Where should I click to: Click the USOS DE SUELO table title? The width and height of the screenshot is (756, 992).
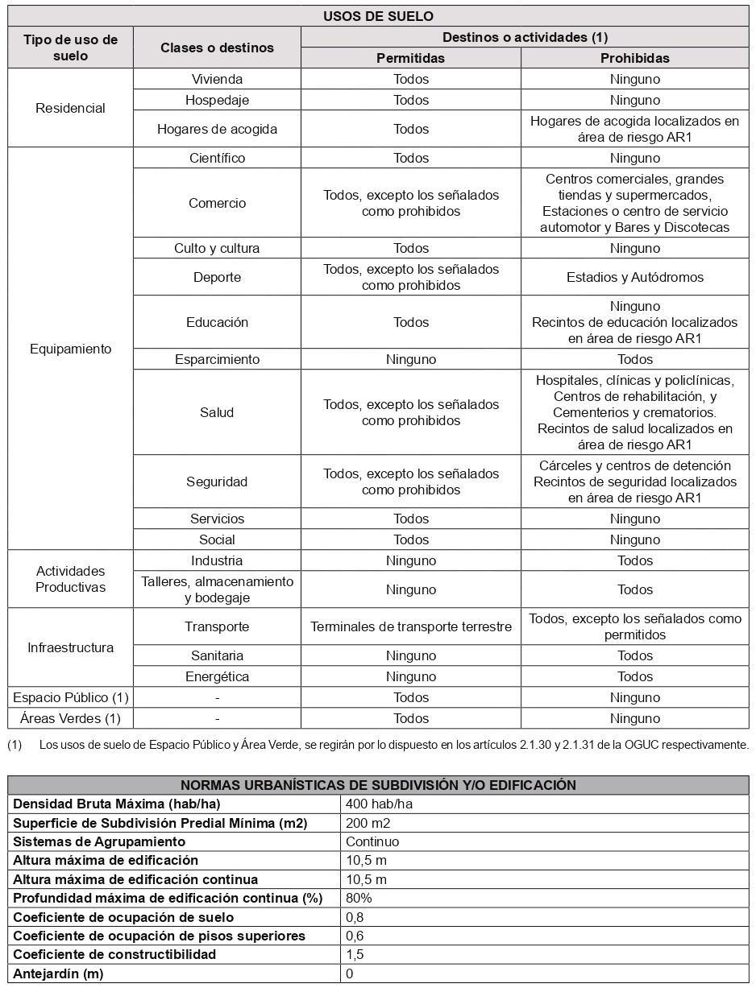[x=378, y=16]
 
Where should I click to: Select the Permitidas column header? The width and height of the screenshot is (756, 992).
[x=411, y=58]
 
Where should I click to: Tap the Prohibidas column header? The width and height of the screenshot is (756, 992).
[x=635, y=58]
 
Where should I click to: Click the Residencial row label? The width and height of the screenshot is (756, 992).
[x=70, y=108]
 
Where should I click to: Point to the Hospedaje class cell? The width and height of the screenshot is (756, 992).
[x=217, y=100]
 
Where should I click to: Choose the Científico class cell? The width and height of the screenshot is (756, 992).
[x=217, y=158]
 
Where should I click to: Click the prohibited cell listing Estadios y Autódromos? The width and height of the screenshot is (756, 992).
[x=635, y=277]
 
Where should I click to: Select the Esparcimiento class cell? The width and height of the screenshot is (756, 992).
[x=217, y=359]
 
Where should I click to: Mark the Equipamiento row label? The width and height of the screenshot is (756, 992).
[x=70, y=349]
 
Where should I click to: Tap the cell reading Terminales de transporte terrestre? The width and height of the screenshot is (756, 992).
[x=411, y=626]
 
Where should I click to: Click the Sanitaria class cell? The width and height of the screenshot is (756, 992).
[x=217, y=655]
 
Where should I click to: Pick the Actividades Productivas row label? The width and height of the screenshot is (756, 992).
[x=70, y=579]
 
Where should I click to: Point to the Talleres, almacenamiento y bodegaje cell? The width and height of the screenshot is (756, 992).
[x=217, y=589]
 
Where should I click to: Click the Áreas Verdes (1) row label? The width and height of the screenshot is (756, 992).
[x=70, y=718]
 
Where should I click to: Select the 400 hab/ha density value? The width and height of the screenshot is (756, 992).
[x=374, y=804]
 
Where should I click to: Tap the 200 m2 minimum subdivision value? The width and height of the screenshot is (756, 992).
[x=368, y=823]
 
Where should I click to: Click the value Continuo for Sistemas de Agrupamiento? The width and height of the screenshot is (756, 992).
[x=372, y=841]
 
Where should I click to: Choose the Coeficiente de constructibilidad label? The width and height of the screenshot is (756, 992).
[x=114, y=954]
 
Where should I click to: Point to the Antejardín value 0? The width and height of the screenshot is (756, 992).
[x=350, y=973]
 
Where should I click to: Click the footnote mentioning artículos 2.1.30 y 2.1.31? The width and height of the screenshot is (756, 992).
[x=393, y=745]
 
